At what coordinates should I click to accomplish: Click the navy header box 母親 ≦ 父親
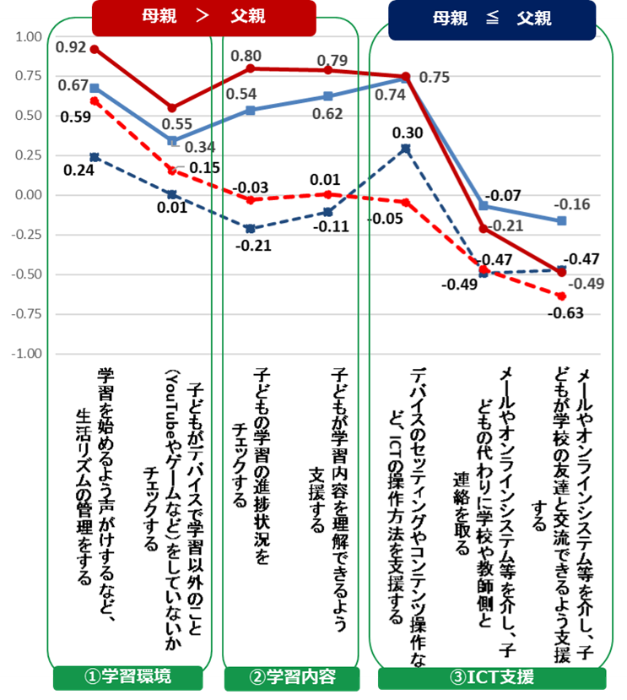491,19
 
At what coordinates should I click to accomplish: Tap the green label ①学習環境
127,677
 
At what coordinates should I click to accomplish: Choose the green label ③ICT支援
492,677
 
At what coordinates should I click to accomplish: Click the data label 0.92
71,46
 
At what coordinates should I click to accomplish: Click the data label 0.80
247,57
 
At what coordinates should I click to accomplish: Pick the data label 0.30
407,133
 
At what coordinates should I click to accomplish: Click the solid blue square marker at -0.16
562,220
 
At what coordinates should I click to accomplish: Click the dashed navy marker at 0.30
406,149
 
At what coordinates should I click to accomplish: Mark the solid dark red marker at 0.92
95,49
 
